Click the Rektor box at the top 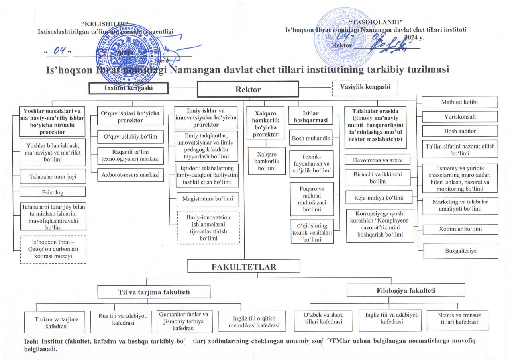tap(248, 89)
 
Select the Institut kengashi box tap(128, 88)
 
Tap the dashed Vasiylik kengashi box tap(365, 87)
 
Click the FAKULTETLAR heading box tap(244, 266)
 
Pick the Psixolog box tap(53, 192)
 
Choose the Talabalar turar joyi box tap(53, 176)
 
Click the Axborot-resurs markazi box tap(131, 175)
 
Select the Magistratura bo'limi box tap(208, 199)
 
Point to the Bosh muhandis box tap(311, 138)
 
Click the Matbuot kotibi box tap(459, 102)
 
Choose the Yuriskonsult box tap(459, 117)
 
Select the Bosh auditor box tap(460, 131)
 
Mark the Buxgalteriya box tap(461, 251)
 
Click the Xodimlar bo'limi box tap(460, 229)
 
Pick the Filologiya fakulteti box tap(406, 290)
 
